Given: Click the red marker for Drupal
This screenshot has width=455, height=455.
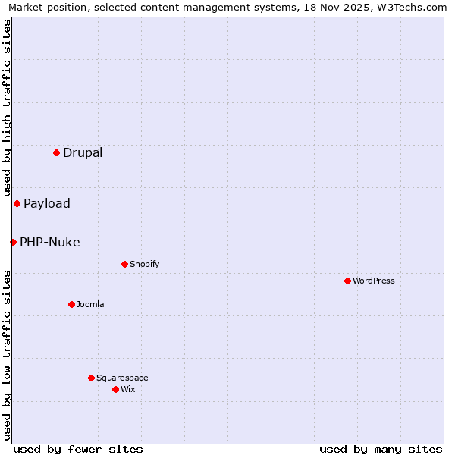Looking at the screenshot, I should tap(56, 152).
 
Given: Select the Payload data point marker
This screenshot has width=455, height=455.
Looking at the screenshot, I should tap(17, 203).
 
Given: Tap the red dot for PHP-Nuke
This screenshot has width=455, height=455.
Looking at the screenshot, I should tap(13, 242).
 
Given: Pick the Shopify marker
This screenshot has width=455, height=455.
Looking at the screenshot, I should tap(124, 264).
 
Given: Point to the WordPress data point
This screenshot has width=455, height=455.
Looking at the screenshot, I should tap(347, 281).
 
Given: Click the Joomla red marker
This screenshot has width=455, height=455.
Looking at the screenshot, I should tap(71, 304).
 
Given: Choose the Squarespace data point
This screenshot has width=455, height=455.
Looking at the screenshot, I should tap(91, 378).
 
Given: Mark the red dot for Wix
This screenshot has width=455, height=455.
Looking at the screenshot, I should tap(115, 389).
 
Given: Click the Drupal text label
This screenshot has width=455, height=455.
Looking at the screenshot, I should tap(83, 152).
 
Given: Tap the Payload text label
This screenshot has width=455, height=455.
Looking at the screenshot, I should tap(47, 203).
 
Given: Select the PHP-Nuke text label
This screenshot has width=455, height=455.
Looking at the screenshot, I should tap(50, 242).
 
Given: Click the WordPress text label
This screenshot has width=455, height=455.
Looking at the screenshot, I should tap(374, 281).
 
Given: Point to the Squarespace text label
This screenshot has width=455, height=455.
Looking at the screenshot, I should tap(122, 378).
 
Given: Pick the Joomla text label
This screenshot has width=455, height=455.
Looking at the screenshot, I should tap(90, 304).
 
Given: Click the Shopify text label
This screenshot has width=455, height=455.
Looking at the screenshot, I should tap(144, 264).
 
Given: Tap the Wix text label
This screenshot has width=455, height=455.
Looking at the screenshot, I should tap(128, 389).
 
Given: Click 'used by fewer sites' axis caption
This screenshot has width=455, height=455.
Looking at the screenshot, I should tap(78, 449).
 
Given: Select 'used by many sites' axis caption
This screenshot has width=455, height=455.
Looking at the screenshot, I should tap(381, 449).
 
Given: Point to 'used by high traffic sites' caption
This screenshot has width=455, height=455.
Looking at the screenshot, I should tap(7, 108).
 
